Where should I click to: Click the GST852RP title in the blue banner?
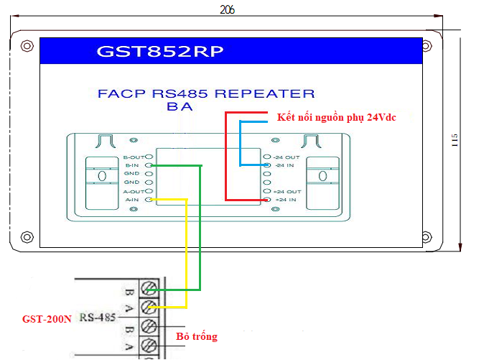160,52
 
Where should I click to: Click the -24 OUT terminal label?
287,157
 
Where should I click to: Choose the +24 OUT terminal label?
287,192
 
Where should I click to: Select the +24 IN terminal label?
285,200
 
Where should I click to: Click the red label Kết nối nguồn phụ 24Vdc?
336,116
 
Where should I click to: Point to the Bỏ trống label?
196,336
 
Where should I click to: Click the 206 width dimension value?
227,9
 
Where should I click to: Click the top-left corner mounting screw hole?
27,46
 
